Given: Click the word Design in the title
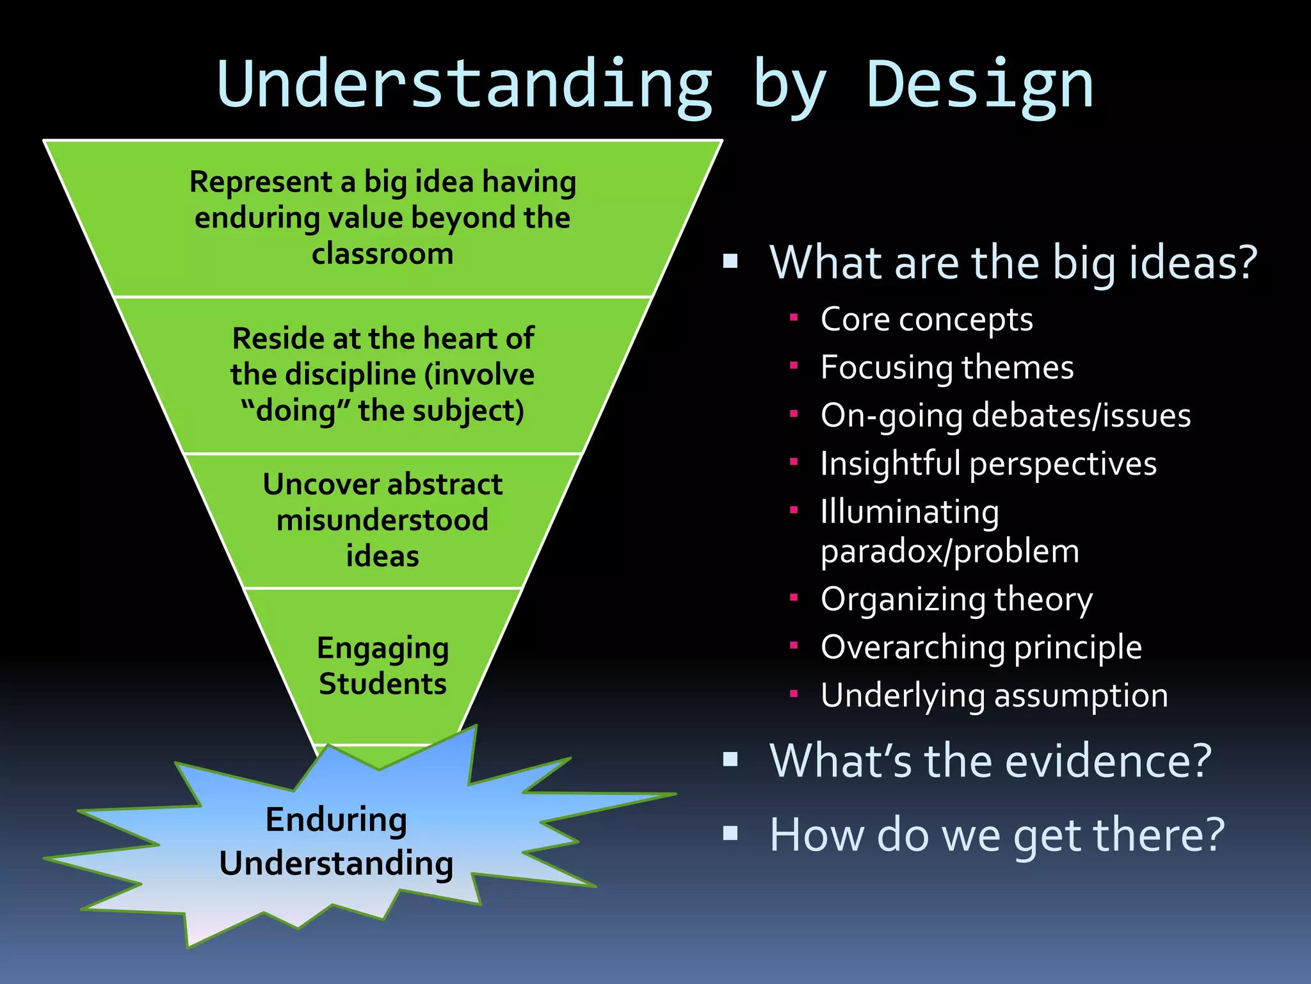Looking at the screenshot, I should pos(979,85).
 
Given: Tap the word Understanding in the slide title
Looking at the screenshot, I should pos(465,85).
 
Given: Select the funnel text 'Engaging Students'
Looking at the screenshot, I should pos(383,666).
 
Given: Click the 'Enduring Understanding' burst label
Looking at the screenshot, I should pos(336,841).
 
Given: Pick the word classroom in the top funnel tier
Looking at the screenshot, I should pos(383,254).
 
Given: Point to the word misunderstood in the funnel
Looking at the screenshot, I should pos(383,520).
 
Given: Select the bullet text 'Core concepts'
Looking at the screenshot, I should pos(926,319).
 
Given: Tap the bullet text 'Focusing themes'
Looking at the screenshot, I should pos(947,367).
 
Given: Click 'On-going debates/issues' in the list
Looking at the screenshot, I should pos(1005,415).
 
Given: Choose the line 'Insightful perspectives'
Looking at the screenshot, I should pos(988,463).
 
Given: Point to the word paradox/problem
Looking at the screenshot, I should pos(950,551).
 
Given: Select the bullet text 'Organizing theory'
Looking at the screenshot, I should pos(956,600).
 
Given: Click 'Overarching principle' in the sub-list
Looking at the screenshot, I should pos(981,647).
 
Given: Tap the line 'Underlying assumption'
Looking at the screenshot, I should pos(994,695).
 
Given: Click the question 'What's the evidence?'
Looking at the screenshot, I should pos(990,761).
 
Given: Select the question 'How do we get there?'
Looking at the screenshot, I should pos(997,835).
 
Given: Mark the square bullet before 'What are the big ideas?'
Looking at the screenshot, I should pos(730,261).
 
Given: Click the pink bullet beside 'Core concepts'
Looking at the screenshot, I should pos(794,317).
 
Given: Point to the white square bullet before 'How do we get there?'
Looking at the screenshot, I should pos(730,833).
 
